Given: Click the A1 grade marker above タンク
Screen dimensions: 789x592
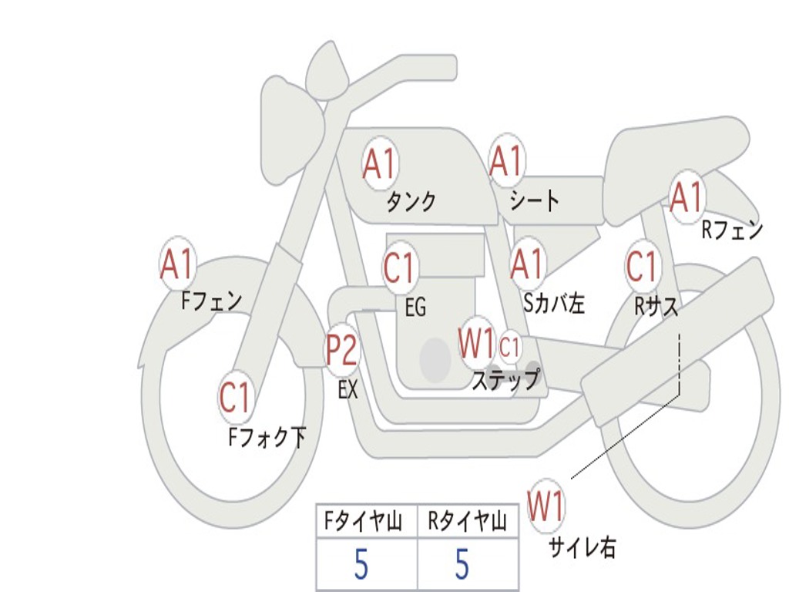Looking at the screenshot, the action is pos(379,163).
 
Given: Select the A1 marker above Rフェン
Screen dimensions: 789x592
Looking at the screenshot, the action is pos(687,197).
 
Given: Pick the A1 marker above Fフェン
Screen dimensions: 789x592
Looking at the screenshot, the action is pos(177,264).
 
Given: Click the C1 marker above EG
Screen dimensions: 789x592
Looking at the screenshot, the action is pos(399,268).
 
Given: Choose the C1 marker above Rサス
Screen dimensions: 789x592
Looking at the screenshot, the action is pos(641,266).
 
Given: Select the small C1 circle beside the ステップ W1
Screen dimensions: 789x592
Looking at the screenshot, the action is pos(510,348).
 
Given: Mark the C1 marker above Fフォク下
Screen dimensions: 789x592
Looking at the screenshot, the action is pos(235,398).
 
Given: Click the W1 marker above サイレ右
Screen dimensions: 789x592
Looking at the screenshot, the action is pos(546,506).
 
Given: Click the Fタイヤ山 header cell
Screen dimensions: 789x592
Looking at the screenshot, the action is pos(367,523).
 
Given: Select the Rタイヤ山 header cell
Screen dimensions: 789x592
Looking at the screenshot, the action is pos(467,523).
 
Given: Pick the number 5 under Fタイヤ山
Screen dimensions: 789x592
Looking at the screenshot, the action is pos(361,565).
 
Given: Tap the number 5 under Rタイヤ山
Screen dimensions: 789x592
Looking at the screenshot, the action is pos(462,565).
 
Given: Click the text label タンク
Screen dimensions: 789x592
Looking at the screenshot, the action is pos(411,202).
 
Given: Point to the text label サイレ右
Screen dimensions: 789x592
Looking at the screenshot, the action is pos(582,547).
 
